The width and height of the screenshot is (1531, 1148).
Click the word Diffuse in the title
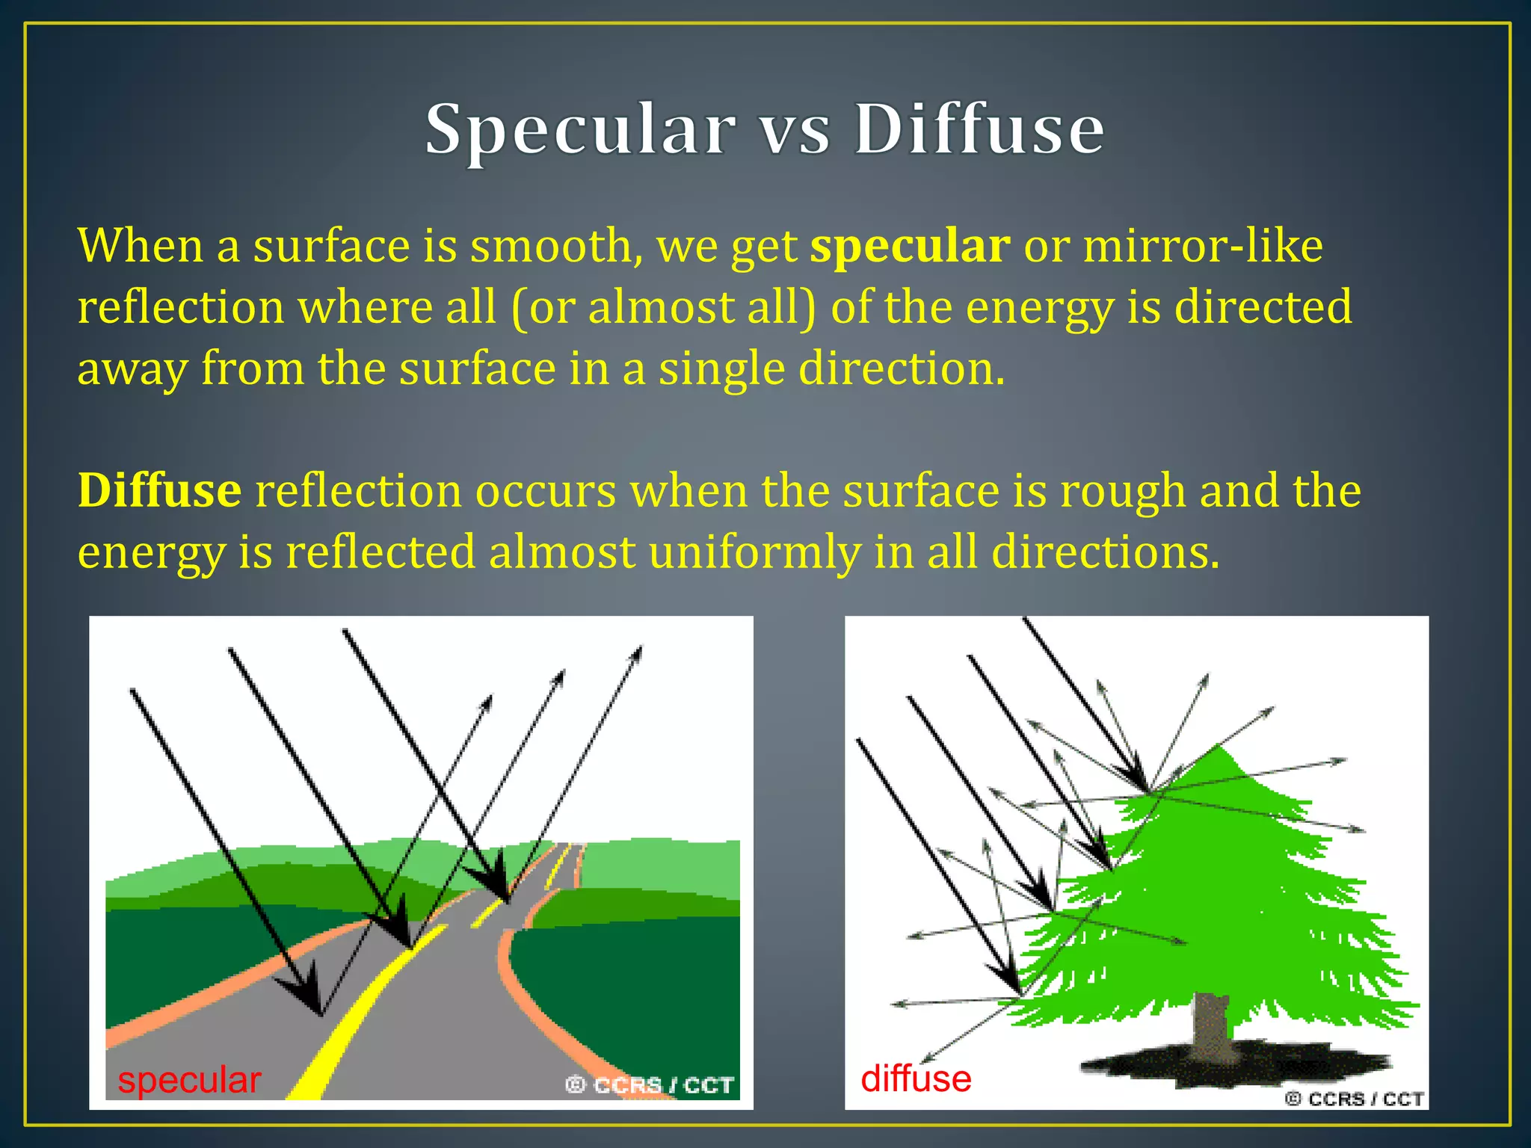(979, 130)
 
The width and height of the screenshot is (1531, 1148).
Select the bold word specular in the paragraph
(911, 247)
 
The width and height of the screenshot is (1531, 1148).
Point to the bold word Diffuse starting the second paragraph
(160, 491)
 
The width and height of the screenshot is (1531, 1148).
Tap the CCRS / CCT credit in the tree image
(1354, 1099)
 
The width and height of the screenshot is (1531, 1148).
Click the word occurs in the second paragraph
(546, 492)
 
